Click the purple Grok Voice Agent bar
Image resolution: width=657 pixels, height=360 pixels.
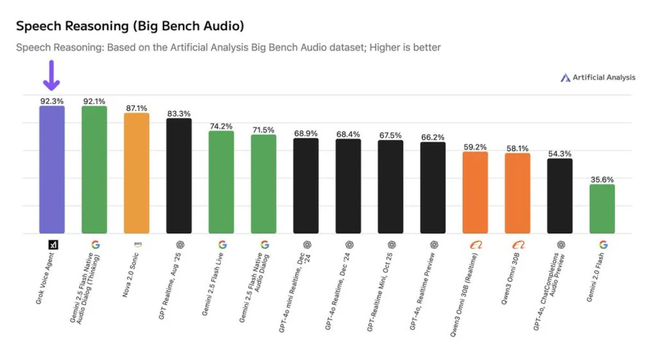pyautogui.click(x=52, y=169)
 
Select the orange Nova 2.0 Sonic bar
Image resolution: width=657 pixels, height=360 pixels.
pyautogui.click(x=137, y=173)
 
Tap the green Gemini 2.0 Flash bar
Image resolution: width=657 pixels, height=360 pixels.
pyautogui.click(x=602, y=209)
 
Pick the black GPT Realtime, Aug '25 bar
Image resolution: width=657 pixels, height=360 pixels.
pyautogui.click(x=179, y=176)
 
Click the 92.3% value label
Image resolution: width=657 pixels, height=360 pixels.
pyautogui.click(x=52, y=101)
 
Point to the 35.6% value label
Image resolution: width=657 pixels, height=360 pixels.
pyautogui.click(x=602, y=179)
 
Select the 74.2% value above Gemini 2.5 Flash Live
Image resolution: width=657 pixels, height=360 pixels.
pyautogui.click(x=221, y=126)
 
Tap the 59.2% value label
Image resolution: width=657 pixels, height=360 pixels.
pyautogui.click(x=475, y=147)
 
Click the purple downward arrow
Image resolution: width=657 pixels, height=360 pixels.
pyautogui.click(x=51, y=75)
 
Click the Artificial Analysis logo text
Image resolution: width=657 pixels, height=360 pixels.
pyautogui.click(x=603, y=78)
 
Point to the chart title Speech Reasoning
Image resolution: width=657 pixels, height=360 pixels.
pyautogui.click(x=129, y=26)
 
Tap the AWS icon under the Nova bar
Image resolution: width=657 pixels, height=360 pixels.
pyautogui.click(x=137, y=244)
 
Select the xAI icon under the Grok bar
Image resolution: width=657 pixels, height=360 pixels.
pyautogui.click(x=53, y=244)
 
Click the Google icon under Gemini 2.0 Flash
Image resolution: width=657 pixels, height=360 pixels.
pyautogui.click(x=602, y=244)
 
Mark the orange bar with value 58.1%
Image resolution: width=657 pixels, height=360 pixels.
pyautogui.click(x=517, y=193)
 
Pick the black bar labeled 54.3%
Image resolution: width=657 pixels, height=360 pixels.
pyautogui.click(x=560, y=196)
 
